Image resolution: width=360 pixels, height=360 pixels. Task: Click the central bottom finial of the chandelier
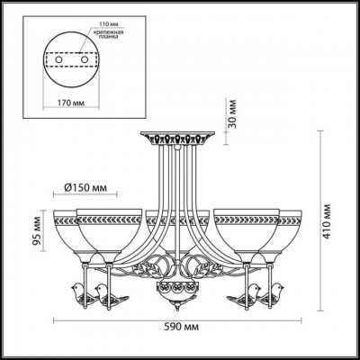[175, 292]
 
